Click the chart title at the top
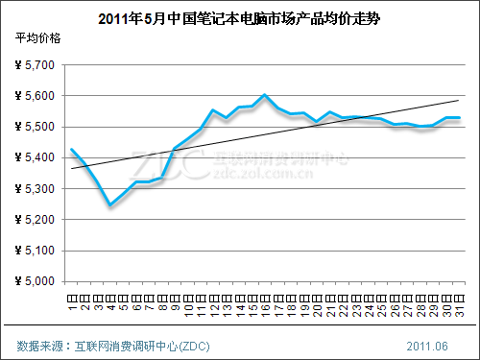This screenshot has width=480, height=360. (240, 18)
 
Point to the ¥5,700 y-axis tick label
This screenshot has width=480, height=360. (36, 65)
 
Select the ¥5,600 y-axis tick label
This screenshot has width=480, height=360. (36, 96)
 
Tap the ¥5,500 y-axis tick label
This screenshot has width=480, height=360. (36, 127)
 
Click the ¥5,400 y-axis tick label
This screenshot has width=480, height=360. (36, 157)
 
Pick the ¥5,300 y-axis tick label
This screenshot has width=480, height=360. (36, 189)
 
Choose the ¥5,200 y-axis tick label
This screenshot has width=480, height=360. (36, 220)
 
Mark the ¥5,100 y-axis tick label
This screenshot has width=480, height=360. (36, 251)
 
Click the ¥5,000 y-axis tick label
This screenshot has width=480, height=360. (36, 281)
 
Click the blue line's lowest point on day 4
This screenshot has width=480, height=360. (110, 205)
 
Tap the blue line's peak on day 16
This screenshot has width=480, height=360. (264, 95)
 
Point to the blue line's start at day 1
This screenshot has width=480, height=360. (72, 149)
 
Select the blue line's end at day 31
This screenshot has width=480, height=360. (459, 117)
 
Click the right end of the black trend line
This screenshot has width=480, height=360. (459, 100)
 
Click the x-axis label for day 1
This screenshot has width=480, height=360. (72, 301)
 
